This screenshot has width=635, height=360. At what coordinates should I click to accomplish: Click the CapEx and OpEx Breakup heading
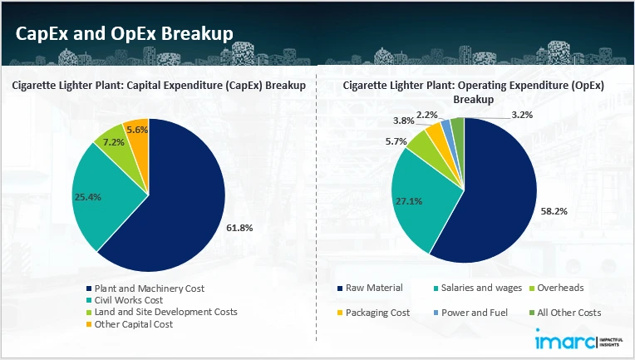pos(124,32)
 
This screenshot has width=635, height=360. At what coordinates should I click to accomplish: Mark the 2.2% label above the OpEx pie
pos(428,114)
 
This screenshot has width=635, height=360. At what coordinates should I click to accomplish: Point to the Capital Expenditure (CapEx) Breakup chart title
pos(159,85)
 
